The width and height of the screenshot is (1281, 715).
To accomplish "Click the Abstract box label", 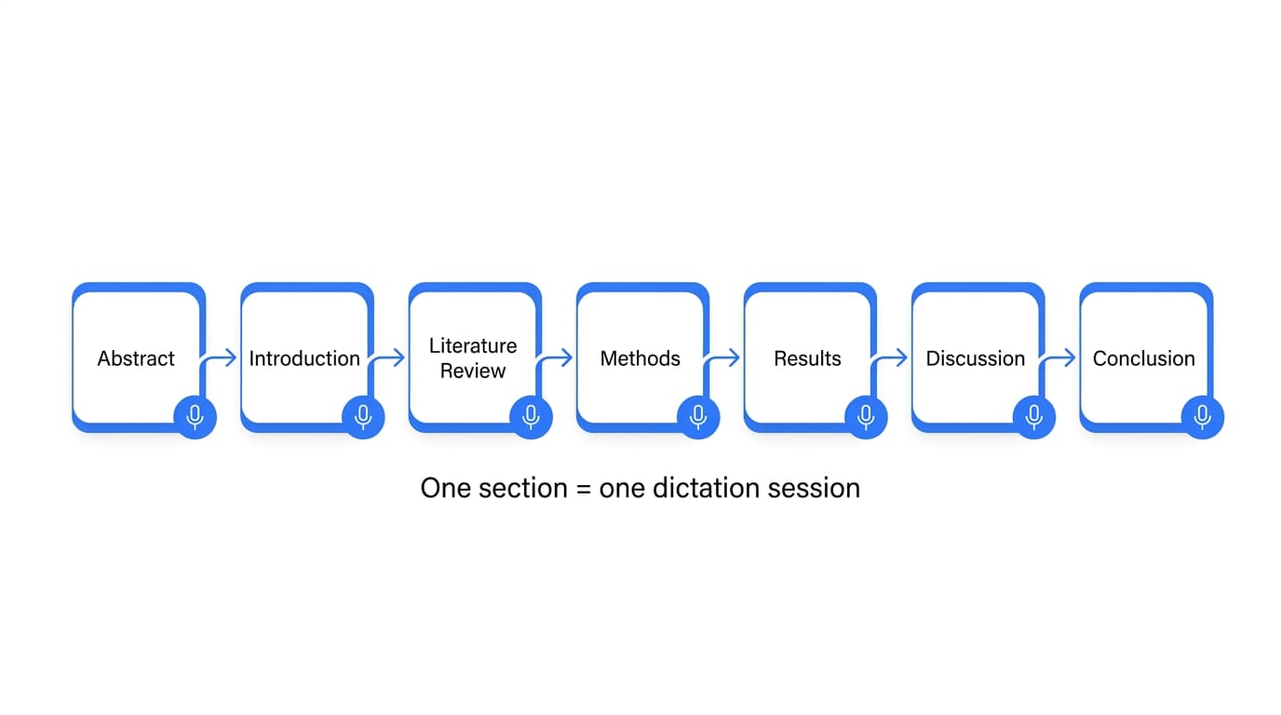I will [136, 358].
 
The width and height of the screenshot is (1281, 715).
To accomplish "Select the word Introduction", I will [304, 358].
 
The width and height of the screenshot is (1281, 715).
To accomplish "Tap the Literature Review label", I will [473, 358].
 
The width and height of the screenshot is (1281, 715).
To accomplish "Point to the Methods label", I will [640, 358].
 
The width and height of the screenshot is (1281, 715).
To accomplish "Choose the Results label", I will [807, 358].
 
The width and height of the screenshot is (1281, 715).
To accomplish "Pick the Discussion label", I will [975, 358].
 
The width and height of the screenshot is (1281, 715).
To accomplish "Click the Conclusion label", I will [1143, 358].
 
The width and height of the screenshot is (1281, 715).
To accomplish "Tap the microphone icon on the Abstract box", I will [196, 416].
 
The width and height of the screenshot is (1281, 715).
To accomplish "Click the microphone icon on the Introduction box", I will [363, 416].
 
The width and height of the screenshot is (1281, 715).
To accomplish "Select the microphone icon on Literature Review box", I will [531, 416].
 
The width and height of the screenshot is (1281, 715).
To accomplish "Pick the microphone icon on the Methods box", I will [698, 416].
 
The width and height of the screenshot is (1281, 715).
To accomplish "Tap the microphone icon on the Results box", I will [866, 416].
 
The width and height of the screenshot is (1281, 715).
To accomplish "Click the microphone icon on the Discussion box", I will [1033, 416].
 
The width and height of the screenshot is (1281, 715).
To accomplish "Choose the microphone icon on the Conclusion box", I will [1202, 416].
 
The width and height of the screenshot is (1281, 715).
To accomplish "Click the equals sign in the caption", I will [583, 489].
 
